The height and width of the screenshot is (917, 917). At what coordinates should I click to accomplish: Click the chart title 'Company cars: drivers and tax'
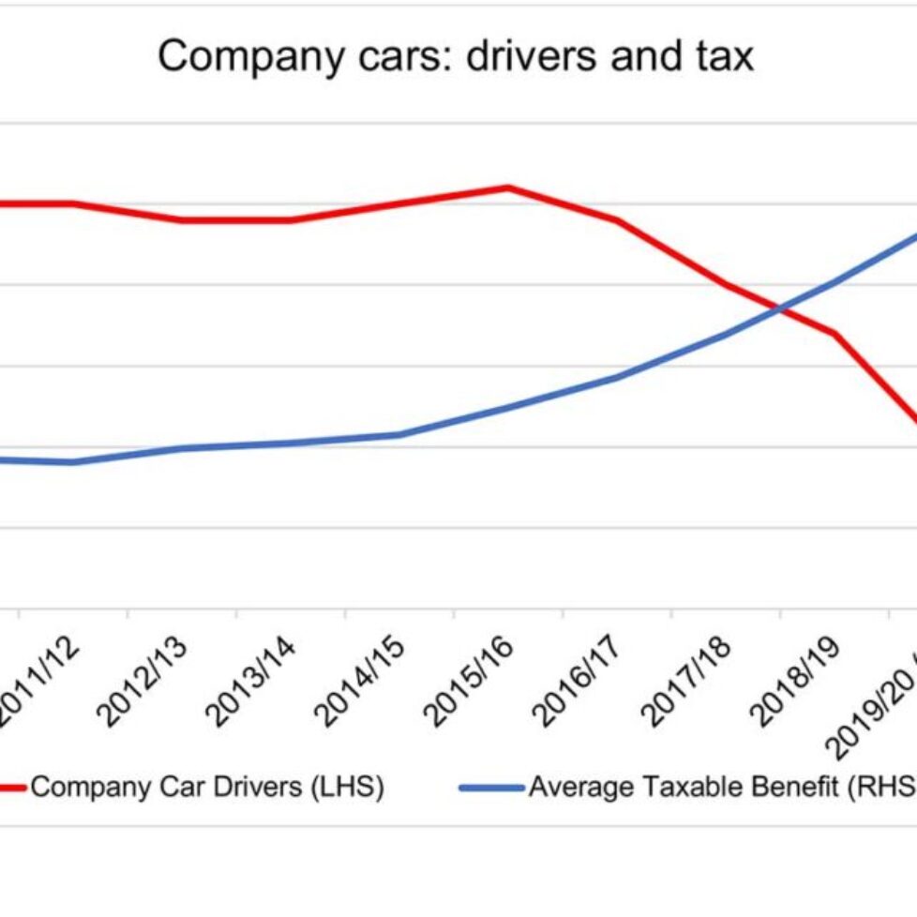456,56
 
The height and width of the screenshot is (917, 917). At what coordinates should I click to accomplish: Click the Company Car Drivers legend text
207,787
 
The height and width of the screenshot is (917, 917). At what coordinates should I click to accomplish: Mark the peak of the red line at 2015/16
508,187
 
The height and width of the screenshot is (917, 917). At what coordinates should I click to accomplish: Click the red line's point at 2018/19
833,334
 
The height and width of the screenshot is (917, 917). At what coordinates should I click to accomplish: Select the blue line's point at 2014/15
399,434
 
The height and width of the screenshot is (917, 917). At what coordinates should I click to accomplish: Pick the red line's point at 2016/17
617,220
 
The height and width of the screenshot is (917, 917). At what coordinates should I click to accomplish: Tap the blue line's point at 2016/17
617,377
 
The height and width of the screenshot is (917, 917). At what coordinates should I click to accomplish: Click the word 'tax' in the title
720,56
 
